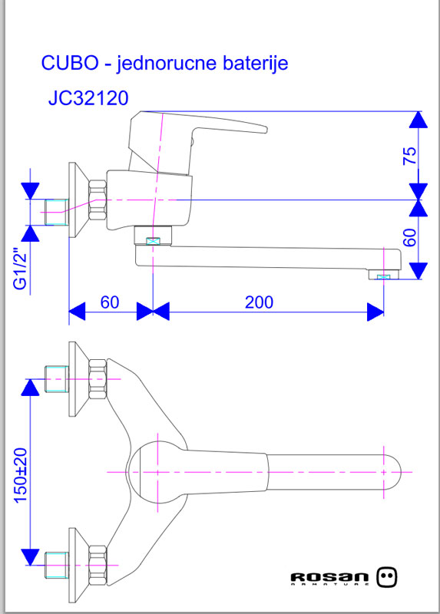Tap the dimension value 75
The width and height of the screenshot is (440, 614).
411,155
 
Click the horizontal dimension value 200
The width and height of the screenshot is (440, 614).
259,302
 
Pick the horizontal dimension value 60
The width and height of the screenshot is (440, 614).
110,302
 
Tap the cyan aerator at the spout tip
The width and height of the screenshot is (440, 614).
384,275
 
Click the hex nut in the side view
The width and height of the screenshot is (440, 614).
98,201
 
